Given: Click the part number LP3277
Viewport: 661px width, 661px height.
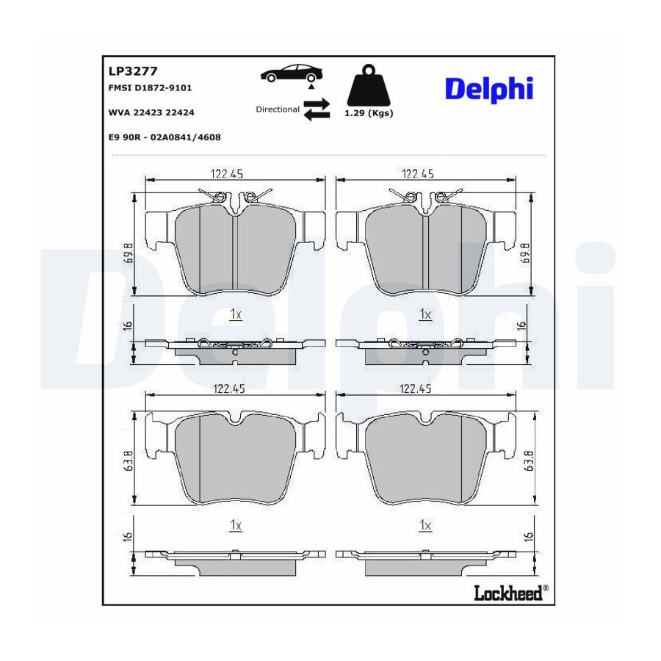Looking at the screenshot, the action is click(x=133, y=71).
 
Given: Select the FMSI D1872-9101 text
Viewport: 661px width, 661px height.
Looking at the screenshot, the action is click(x=150, y=87).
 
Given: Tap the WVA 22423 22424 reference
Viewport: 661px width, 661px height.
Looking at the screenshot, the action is click(x=151, y=112).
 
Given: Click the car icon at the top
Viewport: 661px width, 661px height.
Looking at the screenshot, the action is click(x=292, y=73).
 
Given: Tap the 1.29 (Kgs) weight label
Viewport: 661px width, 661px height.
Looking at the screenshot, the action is click(x=369, y=113).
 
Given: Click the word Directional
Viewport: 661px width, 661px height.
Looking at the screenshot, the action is click(x=278, y=109).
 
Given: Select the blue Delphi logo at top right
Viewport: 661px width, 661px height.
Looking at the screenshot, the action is click(x=489, y=90).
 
